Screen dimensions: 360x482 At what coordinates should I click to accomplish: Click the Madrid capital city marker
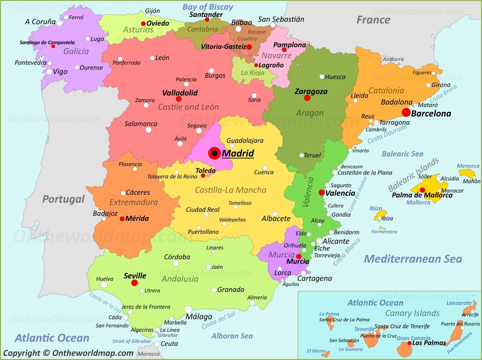(215, 153)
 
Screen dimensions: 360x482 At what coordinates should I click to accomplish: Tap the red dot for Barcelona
(406, 112)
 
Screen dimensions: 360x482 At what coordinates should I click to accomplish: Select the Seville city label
(135, 276)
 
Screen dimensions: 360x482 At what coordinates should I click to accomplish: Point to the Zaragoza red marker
(307, 98)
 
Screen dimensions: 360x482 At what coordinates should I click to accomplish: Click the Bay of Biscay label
(207, 7)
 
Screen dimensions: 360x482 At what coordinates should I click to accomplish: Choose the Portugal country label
(64, 199)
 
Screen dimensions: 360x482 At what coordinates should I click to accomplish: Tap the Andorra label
(393, 59)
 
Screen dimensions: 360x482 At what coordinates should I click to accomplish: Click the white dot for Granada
(214, 290)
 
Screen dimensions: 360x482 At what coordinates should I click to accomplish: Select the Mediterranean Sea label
(413, 259)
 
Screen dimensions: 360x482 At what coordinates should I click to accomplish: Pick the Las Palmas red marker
(409, 343)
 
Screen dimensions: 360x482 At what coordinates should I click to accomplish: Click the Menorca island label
(468, 166)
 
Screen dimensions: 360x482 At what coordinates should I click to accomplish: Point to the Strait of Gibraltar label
(132, 341)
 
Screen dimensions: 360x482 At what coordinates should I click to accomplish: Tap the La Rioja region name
(252, 73)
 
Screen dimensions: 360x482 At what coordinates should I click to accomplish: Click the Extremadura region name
(134, 202)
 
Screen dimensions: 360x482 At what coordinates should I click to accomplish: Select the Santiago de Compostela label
(47, 42)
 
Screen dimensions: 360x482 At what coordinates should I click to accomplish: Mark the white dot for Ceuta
(157, 344)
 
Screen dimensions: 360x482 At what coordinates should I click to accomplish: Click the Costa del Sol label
(219, 320)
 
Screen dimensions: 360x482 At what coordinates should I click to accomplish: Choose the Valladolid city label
(180, 93)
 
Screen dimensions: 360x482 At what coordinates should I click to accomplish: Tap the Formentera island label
(384, 232)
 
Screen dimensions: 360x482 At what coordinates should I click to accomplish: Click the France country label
(373, 20)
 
